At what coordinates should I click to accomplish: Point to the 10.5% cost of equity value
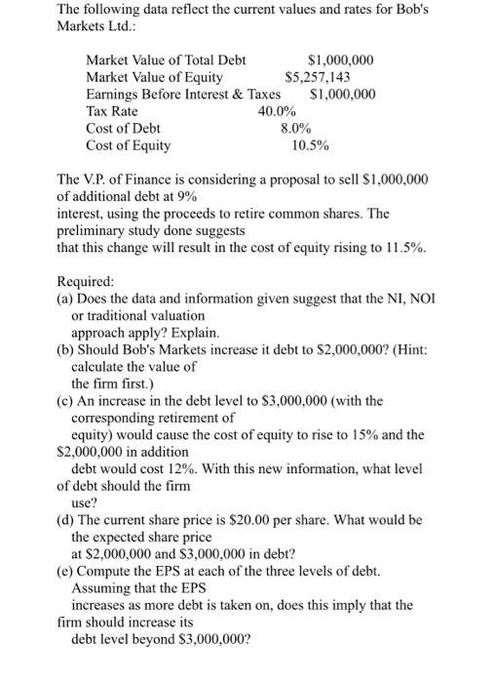(310, 146)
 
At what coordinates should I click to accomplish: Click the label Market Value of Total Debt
(166, 60)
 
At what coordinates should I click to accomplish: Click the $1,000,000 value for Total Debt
(340, 60)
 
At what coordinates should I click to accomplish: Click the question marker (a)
(65, 299)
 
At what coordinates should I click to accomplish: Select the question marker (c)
(65, 401)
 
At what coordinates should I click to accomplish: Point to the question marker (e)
(65, 571)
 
